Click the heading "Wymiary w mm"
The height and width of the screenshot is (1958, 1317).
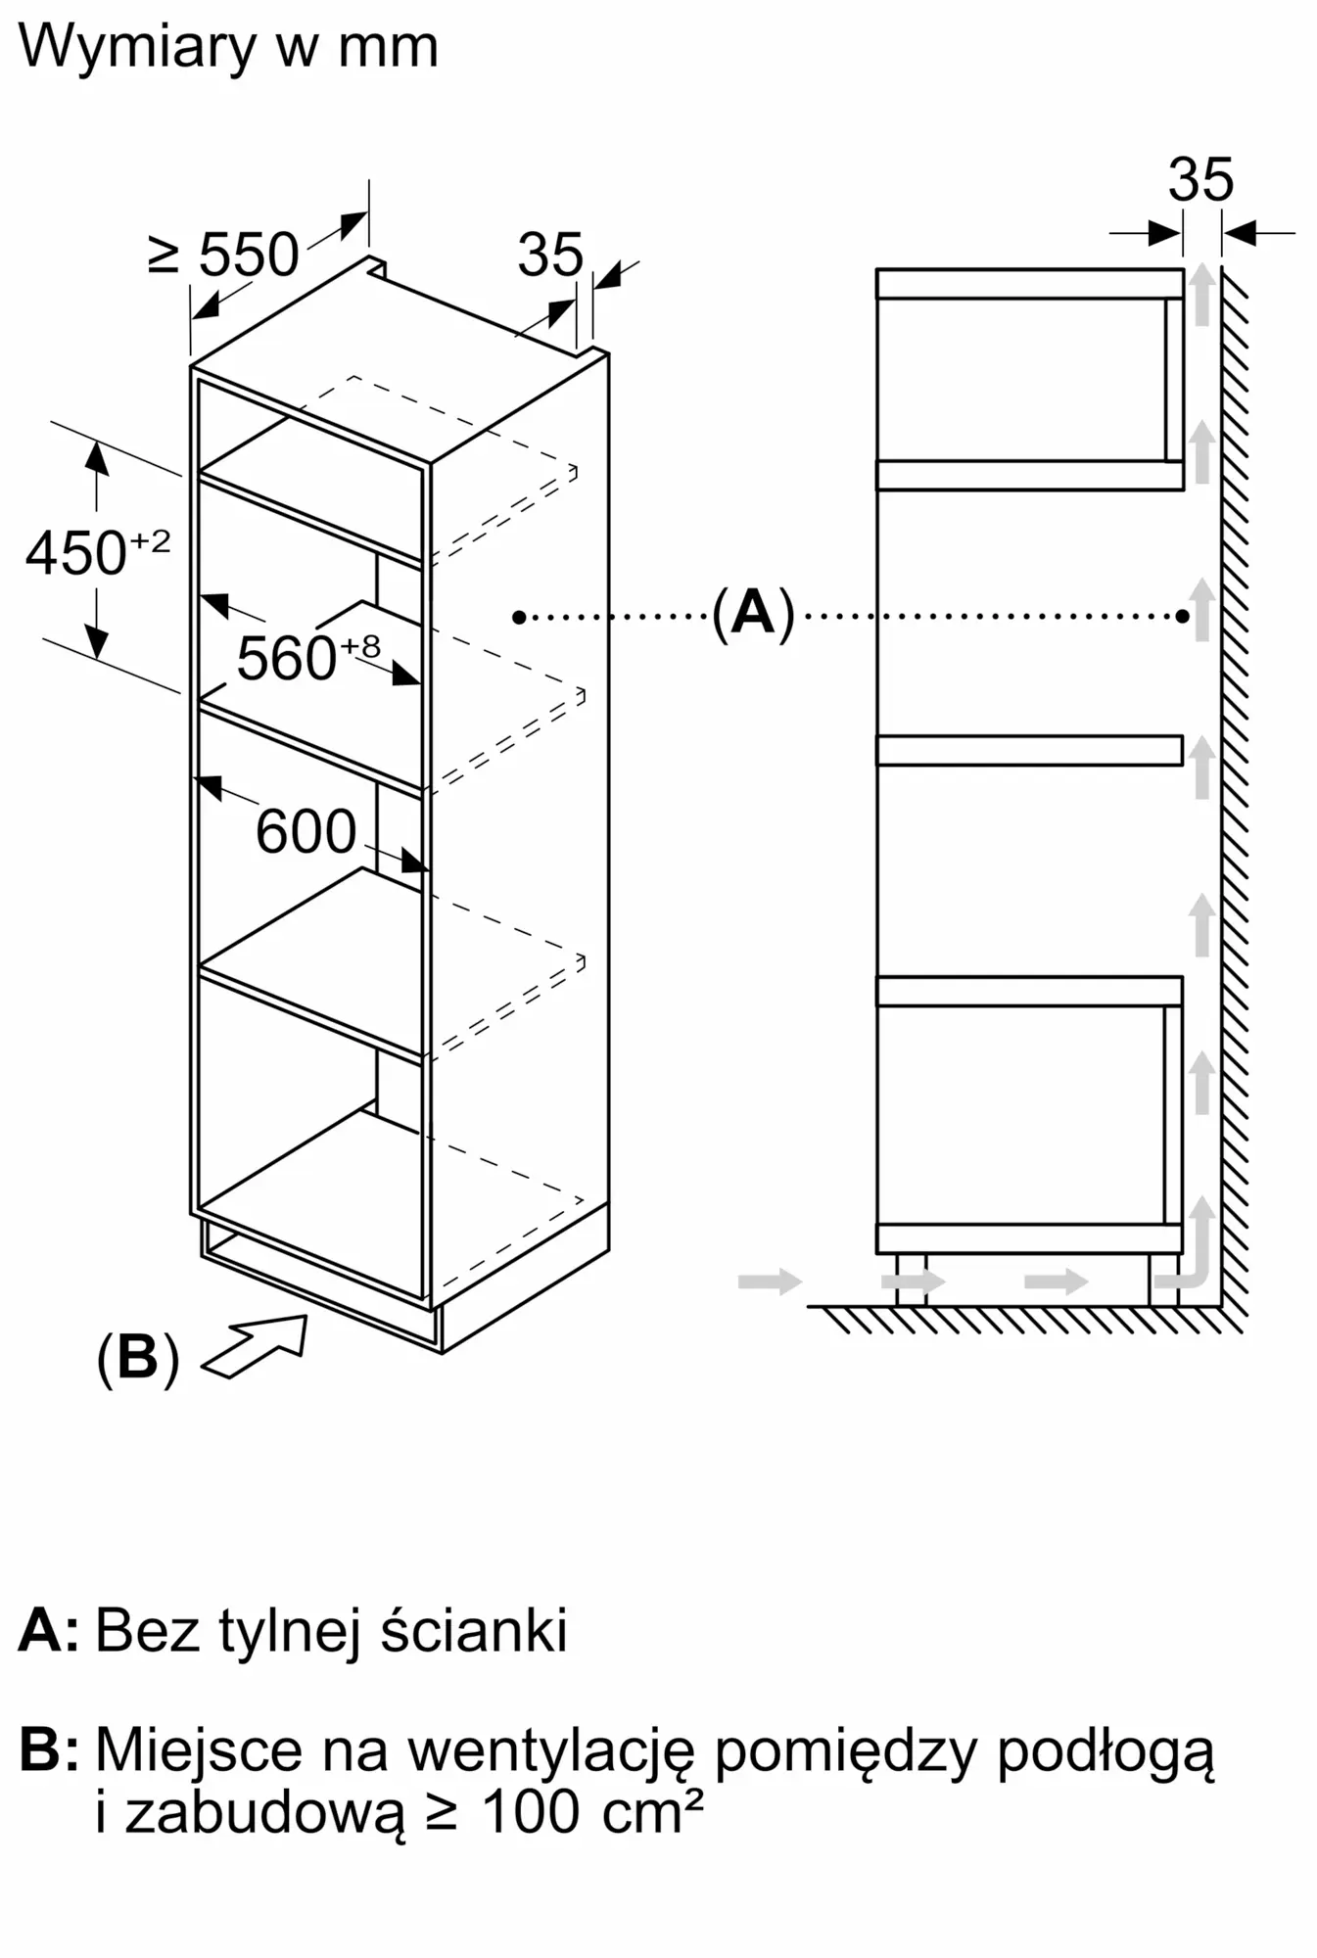pyautogui.click(x=228, y=47)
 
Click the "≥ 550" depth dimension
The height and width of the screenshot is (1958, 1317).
pyautogui.click(x=224, y=255)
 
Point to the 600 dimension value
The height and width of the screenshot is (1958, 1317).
pyautogui.click(x=306, y=832)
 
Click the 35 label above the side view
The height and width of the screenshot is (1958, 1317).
pyautogui.click(x=1200, y=180)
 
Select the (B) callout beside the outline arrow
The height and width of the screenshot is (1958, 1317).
pyautogui.click(x=137, y=1358)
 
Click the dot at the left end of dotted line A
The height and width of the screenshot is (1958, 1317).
pyautogui.click(x=519, y=617)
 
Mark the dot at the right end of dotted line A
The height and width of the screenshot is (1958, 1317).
pyautogui.click(x=1183, y=616)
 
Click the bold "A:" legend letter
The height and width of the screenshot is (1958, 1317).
pyautogui.click(x=48, y=1630)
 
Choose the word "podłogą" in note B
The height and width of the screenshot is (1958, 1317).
pyautogui.click(x=1105, y=1752)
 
